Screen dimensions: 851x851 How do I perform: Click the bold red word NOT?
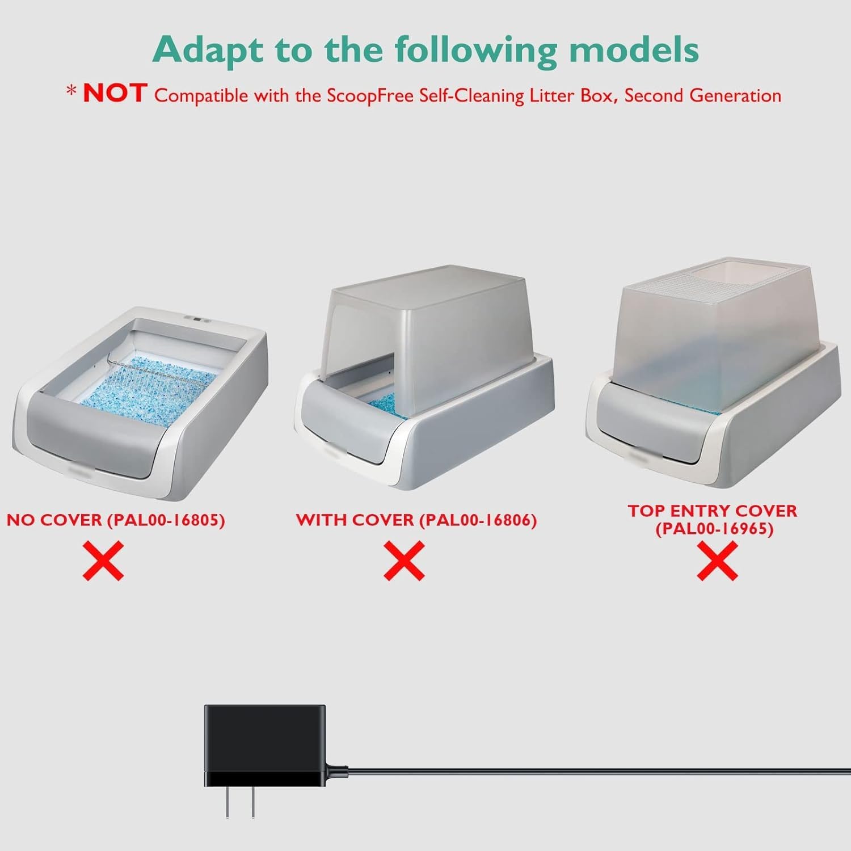coord(115,94)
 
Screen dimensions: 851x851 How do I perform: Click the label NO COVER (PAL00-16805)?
coord(116,520)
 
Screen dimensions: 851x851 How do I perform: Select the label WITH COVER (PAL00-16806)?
coord(416,520)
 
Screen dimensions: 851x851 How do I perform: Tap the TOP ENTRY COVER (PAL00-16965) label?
coord(712,520)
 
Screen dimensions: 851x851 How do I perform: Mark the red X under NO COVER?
coord(103,561)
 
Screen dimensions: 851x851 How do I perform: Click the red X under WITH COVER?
coord(404,561)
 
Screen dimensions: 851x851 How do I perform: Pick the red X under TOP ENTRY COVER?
coord(717,561)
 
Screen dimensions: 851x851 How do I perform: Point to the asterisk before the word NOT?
coord(71,91)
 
